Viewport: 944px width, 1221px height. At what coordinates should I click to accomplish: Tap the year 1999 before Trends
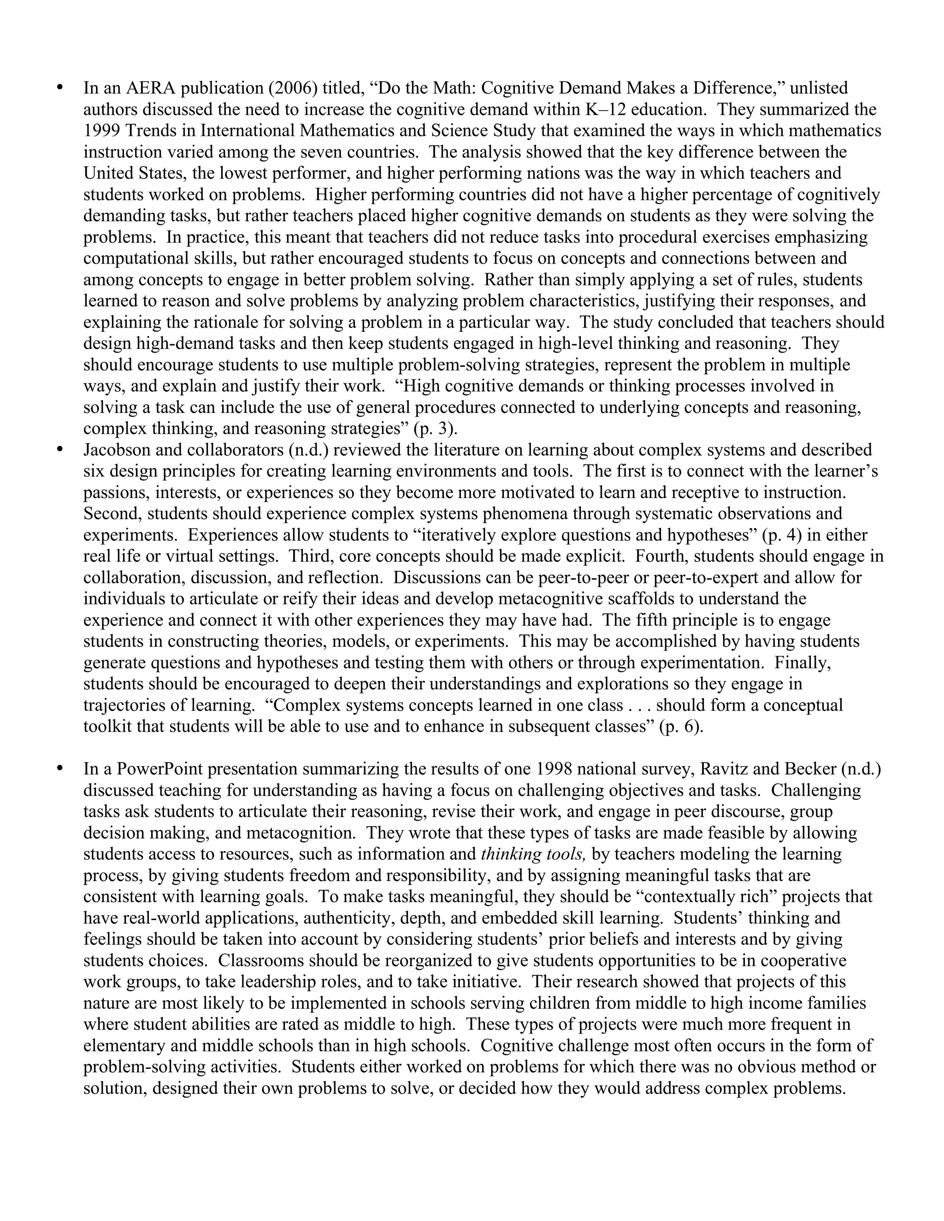[x=102, y=131]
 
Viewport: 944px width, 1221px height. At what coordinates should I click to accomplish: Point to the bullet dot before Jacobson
[x=60, y=450]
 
